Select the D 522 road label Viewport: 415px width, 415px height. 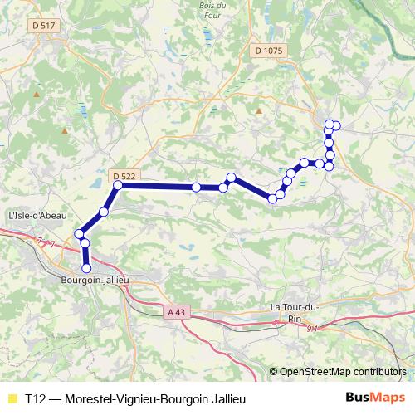[123, 176]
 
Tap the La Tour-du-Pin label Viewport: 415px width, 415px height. [295, 312]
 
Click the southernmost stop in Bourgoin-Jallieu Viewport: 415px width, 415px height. [86, 268]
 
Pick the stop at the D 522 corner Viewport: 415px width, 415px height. [118, 186]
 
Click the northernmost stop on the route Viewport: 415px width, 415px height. [330, 124]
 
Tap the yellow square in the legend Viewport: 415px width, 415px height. [12, 398]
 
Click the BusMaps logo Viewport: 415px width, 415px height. [375, 398]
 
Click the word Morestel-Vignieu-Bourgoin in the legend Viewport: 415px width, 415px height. [136, 398]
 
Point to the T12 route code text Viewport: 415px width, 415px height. [35, 398]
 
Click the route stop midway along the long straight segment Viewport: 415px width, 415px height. [196, 188]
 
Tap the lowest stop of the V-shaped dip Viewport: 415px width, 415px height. [272, 197]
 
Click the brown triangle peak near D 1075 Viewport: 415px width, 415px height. [259, 110]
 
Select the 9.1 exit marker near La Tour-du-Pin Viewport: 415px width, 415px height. [313, 329]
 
